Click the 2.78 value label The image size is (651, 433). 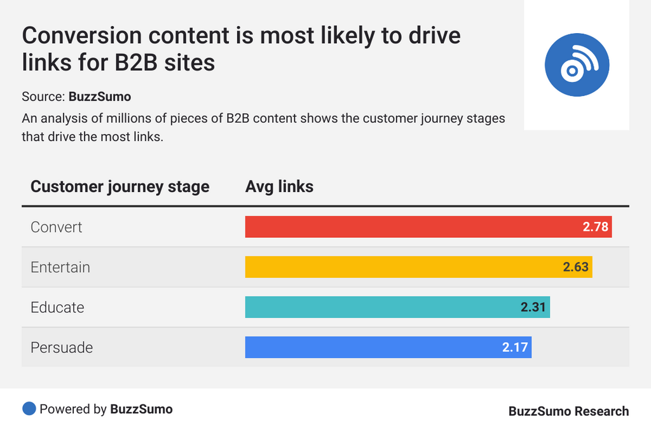[x=596, y=227]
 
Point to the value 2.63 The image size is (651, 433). [x=576, y=267]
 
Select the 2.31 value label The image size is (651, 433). [x=533, y=307]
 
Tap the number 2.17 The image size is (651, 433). [x=515, y=347]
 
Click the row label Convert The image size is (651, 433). [x=57, y=227]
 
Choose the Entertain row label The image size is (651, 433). [x=60, y=267]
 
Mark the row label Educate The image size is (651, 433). [x=57, y=307]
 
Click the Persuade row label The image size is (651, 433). [x=62, y=347]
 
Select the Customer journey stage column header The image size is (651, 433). [x=120, y=186]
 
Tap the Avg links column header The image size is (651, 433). [x=279, y=186]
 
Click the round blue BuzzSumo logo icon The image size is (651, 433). [x=577, y=64]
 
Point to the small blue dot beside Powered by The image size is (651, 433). [x=29, y=409]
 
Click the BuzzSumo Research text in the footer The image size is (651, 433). [x=568, y=411]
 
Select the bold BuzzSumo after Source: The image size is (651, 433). [x=100, y=97]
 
